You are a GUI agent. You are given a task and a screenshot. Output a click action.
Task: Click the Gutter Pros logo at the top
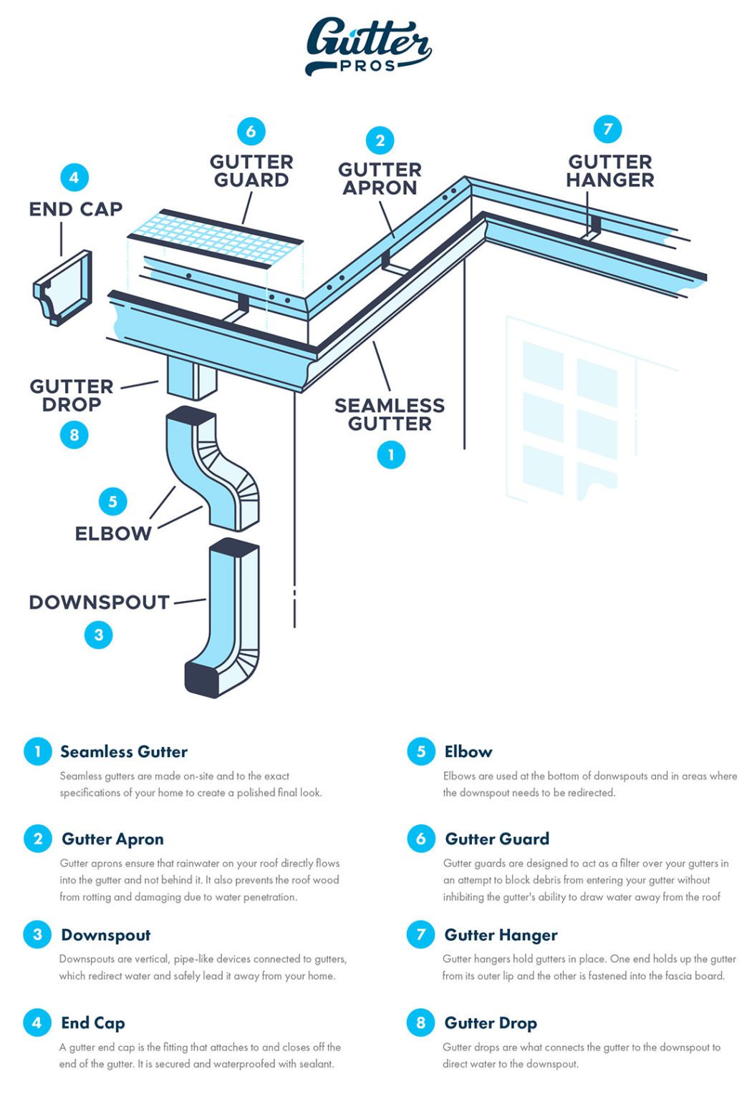coord(368,45)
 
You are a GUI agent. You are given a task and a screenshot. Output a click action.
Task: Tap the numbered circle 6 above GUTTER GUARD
coord(251,131)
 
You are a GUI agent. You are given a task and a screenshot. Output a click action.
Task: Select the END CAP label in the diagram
coord(76,209)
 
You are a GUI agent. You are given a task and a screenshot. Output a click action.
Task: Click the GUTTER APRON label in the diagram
coord(380,179)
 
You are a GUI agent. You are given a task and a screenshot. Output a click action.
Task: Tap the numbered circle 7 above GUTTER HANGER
coord(607,129)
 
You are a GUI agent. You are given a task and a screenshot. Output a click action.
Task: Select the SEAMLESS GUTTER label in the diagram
coord(390,415)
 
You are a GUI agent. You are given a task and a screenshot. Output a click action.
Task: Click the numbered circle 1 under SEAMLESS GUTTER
coord(391,454)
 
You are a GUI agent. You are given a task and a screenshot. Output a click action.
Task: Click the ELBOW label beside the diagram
coord(113,534)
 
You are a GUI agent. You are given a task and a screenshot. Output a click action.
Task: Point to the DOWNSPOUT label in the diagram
coord(99,602)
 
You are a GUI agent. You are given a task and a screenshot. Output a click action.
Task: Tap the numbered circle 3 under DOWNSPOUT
coord(99,635)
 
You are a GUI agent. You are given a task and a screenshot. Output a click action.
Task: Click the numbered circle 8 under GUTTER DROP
coord(74,434)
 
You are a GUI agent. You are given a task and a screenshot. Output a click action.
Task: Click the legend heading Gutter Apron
coord(112,839)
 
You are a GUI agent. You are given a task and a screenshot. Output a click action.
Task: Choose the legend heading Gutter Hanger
coord(501,934)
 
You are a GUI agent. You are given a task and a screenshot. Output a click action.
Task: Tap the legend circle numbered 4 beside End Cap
coord(37,1022)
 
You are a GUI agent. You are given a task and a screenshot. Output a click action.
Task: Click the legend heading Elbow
coord(468,751)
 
